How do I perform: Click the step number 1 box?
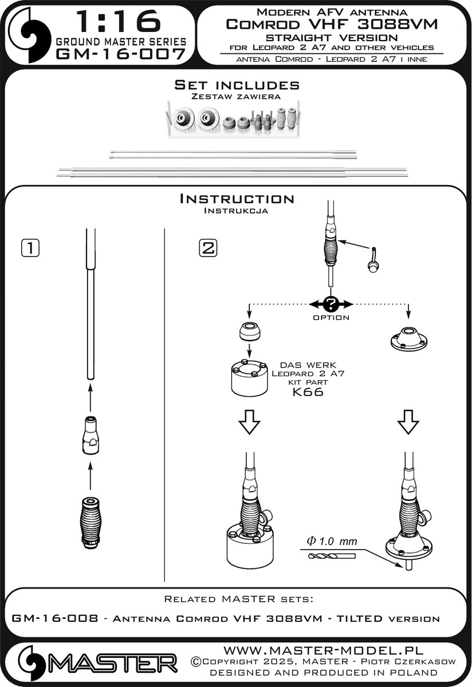pyautogui.click(x=30, y=248)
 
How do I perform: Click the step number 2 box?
pyautogui.click(x=208, y=248)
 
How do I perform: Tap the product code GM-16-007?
pyautogui.click(x=121, y=54)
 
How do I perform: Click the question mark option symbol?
pyautogui.click(x=331, y=305)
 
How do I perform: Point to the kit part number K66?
pyautogui.click(x=308, y=392)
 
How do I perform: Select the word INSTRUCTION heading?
pyautogui.click(x=237, y=199)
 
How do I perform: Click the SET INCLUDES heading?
pyautogui.click(x=237, y=85)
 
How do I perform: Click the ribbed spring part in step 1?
pyautogui.click(x=91, y=523)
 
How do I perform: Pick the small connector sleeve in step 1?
pyautogui.click(x=91, y=435)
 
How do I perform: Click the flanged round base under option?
pyautogui.click(x=408, y=339)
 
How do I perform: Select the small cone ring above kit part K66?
pyautogui.click(x=250, y=332)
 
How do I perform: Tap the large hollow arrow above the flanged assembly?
pyautogui.click(x=408, y=422)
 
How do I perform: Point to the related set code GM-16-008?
pyautogui.click(x=55, y=618)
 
